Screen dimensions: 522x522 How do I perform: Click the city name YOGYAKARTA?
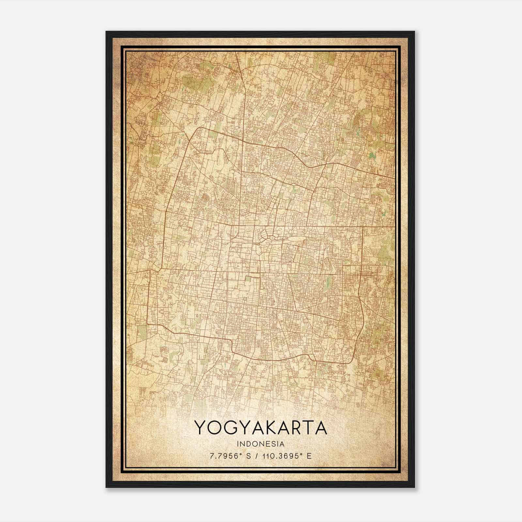tap(261, 428)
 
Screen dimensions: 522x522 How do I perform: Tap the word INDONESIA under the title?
tap(261, 444)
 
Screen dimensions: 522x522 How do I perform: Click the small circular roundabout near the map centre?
tap(272, 238)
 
